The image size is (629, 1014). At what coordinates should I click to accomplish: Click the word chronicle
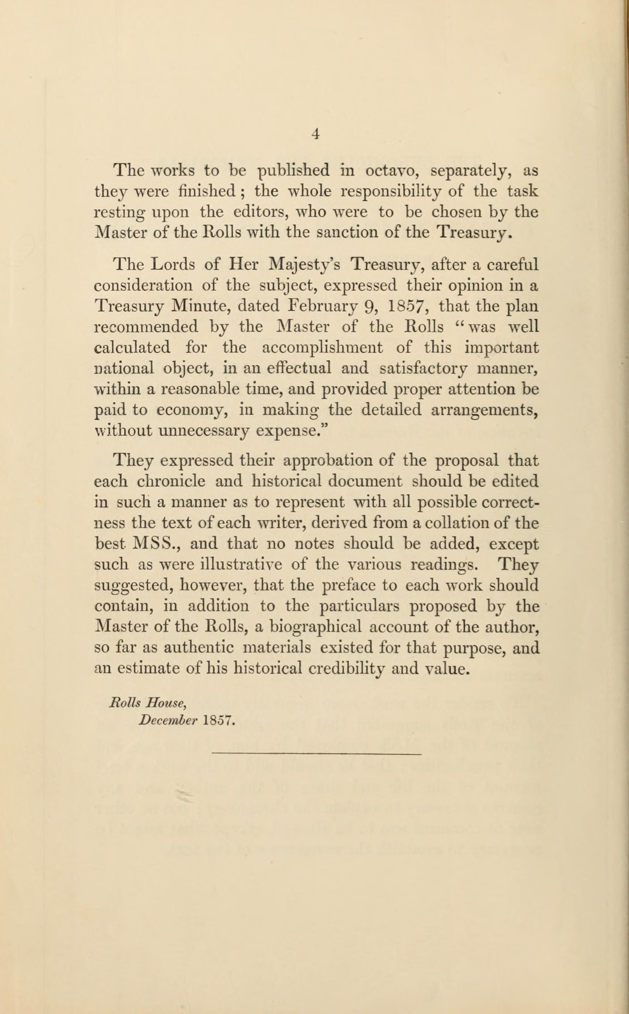point(171,481)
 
